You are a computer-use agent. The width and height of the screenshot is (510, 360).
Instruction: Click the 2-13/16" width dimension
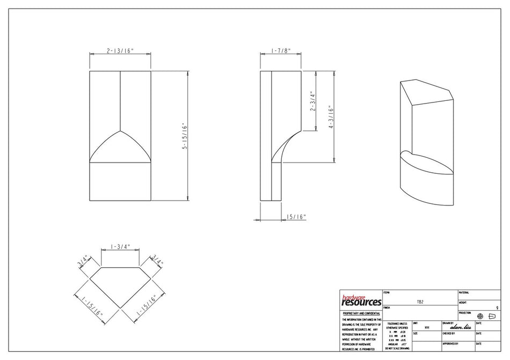[x=120, y=50]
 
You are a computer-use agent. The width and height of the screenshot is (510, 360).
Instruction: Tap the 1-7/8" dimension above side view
[x=281, y=50]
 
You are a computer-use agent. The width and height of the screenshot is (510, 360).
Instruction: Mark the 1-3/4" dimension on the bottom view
[x=120, y=247]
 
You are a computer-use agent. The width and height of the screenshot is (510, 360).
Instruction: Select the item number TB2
[x=420, y=302]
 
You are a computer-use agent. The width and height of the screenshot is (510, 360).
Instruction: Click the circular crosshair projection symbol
[x=480, y=317]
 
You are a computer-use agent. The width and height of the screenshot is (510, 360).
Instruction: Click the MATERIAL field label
[x=464, y=293]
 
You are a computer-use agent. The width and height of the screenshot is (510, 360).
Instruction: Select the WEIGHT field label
[x=463, y=303]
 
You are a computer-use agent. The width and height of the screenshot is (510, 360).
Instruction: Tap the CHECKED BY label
[x=450, y=333]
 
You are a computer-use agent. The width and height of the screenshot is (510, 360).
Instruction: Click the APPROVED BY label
[x=450, y=343]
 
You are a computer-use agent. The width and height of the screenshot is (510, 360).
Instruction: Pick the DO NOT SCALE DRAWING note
[x=397, y=348]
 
